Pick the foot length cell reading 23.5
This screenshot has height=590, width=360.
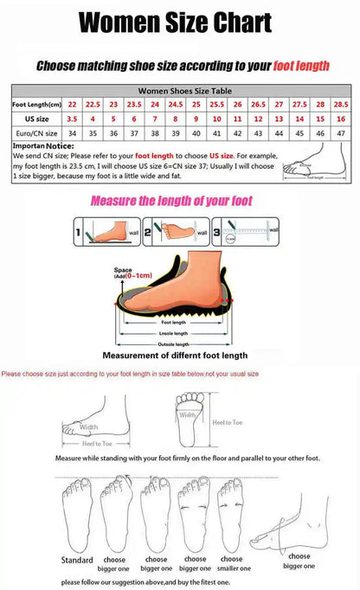pyautogui.click(x=135, y=104)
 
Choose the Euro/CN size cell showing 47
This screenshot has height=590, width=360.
pyautogui.click(x=341, y=133)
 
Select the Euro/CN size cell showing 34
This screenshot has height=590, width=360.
pyautogui.click(x=73, y=133)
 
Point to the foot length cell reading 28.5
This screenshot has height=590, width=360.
pyautogui.click(x=341, y=104)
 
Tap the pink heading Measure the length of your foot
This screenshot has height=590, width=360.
pyautogui.click(x=171, y=201)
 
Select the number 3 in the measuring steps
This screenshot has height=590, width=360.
pyautogui.click(x=216, y=233)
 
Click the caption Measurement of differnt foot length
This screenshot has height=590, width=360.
pyautogui.click(x=175, y=355)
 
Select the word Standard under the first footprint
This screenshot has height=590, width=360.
pyautogui.click(x=77, y=560)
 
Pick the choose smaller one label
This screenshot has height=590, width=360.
pyautogui.click(x=235, y=564)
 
